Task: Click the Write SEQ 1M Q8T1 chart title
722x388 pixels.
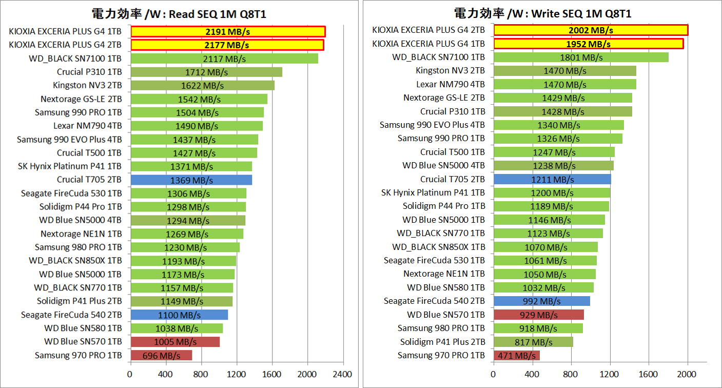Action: (542, 14)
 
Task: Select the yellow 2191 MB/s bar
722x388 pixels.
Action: (227, 31)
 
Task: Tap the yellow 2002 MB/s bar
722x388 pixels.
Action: (590, 30)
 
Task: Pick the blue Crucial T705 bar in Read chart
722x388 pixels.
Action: (191, 180)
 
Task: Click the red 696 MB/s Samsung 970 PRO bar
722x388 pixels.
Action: (161, 355)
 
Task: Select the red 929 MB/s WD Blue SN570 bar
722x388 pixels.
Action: (538, 315)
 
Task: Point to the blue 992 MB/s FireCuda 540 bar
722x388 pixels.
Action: (541, 301)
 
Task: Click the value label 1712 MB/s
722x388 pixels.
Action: (206, 72)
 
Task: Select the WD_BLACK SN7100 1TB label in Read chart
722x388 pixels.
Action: (83, 59)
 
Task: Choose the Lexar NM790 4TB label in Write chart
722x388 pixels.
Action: (450, 84)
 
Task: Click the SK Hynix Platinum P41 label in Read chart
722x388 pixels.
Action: (69, 166)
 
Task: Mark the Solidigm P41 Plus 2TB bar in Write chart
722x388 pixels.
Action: (533, 342)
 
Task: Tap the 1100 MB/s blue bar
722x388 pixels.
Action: (179, 315)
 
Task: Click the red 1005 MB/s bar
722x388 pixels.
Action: (174, 342)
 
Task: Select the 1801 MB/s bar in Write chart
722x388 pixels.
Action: (581, 57)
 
